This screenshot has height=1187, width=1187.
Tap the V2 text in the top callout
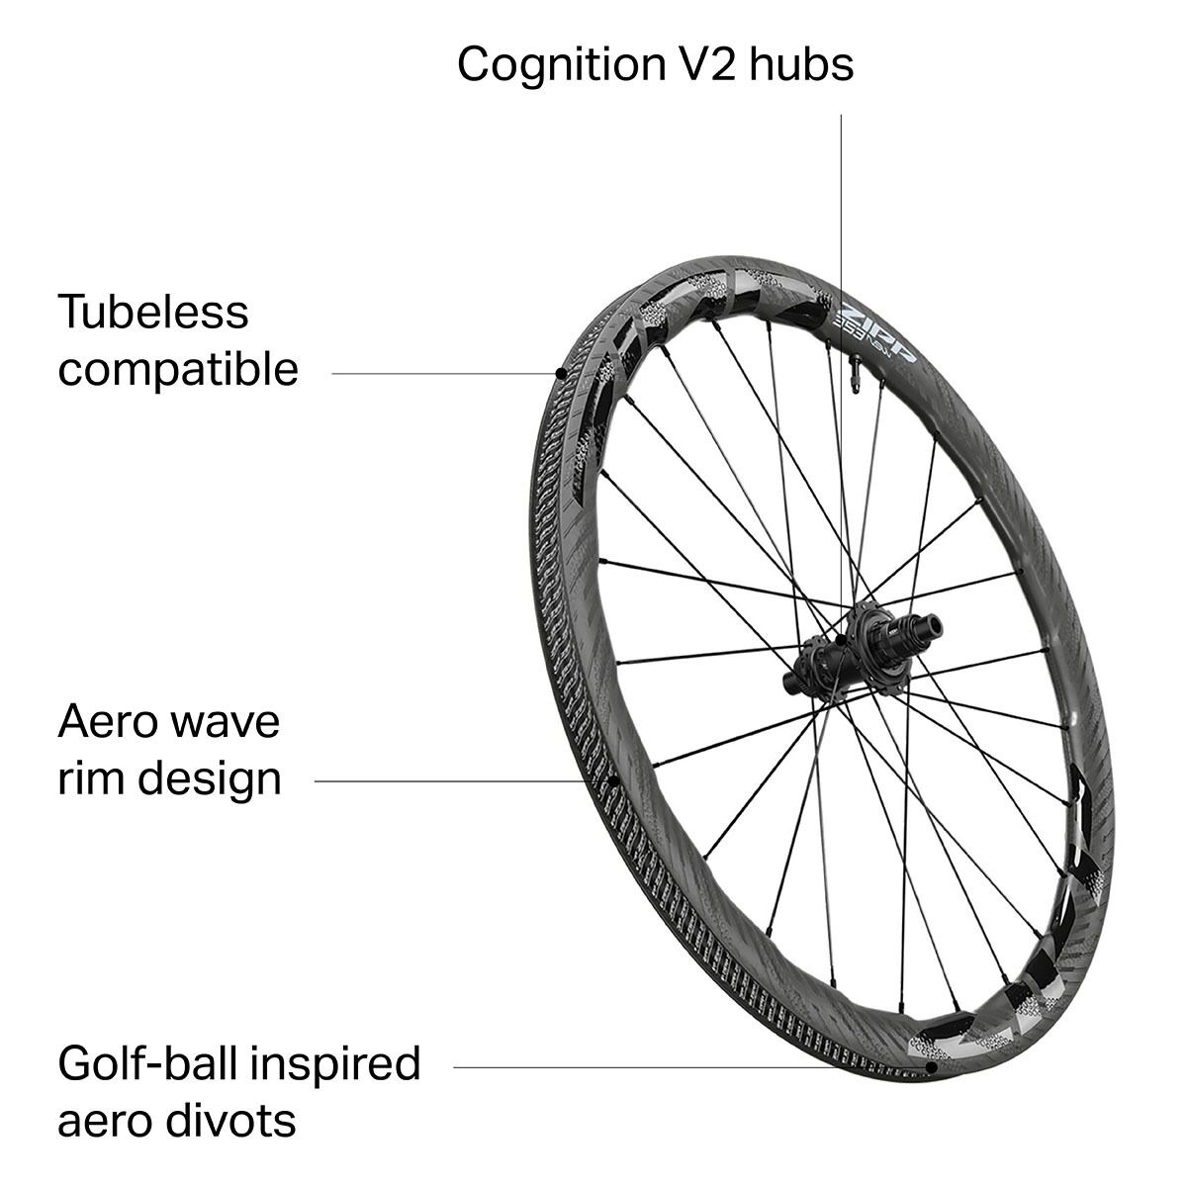tap(707, 63)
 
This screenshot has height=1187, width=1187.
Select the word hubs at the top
tap(801, 63)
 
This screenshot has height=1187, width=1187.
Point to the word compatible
tap(178, 370)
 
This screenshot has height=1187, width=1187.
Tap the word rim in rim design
tap(91, 779)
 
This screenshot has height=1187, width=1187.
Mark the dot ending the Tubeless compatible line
tap(561, 373)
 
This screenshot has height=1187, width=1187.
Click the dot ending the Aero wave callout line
tap(613, 781)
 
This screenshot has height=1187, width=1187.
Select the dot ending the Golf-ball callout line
tap(932, 1067)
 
